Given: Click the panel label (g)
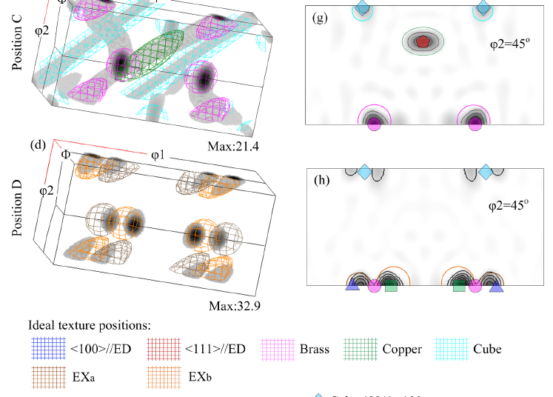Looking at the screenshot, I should tap(321, 19).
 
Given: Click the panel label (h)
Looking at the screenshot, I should tap(321, 181).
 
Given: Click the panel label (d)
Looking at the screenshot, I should tap(36, 144).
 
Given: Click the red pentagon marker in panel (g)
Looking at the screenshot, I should tap(422, 42).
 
